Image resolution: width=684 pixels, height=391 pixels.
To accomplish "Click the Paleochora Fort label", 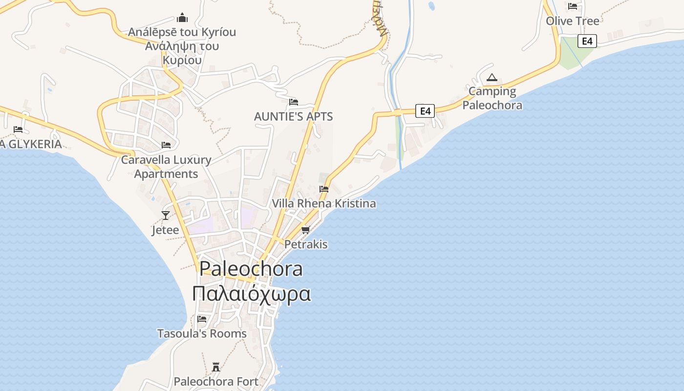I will [216, 381].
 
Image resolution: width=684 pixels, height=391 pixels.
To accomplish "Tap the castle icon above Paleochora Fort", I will [216, 367].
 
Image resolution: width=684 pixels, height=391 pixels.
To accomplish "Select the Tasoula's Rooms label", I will [202, 333].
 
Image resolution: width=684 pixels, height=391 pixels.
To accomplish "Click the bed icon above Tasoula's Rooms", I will [202, 319].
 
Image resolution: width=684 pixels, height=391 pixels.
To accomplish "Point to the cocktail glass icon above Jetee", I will [166, 215].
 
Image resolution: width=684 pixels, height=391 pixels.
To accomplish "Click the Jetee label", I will [165, 230].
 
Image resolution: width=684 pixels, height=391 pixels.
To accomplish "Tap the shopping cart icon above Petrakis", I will [306, 230].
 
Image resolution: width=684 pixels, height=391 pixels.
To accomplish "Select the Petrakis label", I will [306, 244].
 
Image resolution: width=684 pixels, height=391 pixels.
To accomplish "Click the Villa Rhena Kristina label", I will [324, 203].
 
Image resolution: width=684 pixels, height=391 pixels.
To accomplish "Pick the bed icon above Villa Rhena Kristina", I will [324, 189].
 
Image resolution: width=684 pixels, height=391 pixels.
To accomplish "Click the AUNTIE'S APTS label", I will [293, 116].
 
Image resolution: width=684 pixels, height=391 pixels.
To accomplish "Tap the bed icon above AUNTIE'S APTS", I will [294, 102].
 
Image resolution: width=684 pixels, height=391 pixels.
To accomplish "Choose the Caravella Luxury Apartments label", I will [166, 167].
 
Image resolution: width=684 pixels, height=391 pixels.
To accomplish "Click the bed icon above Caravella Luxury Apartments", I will [166, 145].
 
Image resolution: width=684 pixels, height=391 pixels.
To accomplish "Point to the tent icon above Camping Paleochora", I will [492, 77].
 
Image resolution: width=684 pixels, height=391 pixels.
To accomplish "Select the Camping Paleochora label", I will [492, 98].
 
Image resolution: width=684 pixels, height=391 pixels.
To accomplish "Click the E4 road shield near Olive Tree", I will [587, 41].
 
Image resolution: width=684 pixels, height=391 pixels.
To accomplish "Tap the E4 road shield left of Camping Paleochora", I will [425, 111].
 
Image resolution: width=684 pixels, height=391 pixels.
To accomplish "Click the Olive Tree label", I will [573, 21].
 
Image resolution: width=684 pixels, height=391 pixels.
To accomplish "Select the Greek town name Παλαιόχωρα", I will [251, 294].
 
